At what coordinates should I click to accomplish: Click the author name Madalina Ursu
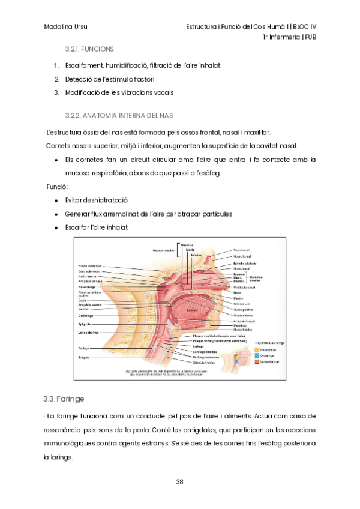(65, 27)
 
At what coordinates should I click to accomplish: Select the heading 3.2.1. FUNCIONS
(90, 49)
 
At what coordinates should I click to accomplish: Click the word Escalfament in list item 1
(85, 65)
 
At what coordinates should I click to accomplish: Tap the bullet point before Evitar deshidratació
(56, 200)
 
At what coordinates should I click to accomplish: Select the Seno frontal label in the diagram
(241, 250)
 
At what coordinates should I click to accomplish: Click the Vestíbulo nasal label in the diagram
(245, 288)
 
